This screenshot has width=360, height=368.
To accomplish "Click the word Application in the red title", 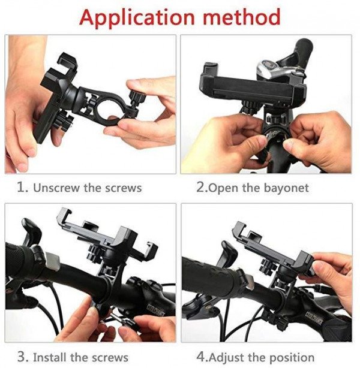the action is (137, 18).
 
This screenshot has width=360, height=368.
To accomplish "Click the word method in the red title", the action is (242, 17).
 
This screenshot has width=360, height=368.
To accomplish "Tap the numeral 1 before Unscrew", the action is (22, 187).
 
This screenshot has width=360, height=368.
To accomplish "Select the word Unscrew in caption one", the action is (57, 188).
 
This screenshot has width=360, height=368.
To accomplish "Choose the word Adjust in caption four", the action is (226, 358).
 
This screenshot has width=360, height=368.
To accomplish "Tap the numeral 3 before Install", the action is (22, 357).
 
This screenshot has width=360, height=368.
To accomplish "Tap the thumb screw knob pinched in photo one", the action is (138, 97).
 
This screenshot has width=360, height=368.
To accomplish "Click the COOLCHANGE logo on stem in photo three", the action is (156, 309).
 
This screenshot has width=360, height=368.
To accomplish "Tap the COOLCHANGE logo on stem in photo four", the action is (314, 318).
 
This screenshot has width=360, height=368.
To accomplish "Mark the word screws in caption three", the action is (110, 358).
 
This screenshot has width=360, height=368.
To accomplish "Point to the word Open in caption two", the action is (223, 188).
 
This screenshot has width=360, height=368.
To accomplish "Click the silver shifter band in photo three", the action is (52, 261).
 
